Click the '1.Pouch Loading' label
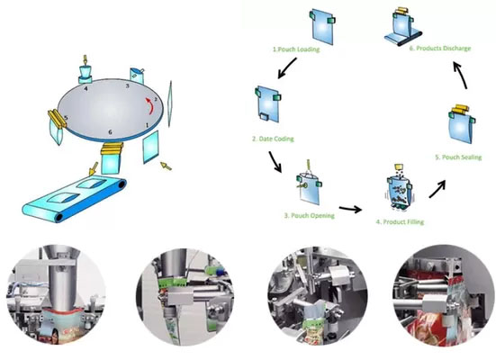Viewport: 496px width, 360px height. tap(296, 49)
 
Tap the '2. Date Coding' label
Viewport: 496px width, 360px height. tap(273, 139)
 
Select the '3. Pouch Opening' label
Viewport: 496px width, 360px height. tap(310, 216)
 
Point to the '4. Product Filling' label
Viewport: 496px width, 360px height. tap(400, 222)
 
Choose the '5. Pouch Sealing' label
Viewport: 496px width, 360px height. tap(458, 157)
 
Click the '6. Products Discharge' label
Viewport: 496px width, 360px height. tap(440, 49)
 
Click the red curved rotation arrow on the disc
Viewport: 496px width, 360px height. tap(149, 105)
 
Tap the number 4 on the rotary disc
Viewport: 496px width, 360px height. tap(86, 88)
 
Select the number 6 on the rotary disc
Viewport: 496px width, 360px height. tap(110, 131)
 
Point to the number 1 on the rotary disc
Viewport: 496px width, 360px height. tap(147, 125)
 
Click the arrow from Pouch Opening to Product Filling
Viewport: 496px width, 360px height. tap(350, 209)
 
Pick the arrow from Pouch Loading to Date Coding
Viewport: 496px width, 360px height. tap(287, 67)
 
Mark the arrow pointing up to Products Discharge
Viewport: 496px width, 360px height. tap(460, 76)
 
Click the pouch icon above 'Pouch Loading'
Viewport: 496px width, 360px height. tap(322, 27)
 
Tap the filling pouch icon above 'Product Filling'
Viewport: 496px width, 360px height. tap(399, 188)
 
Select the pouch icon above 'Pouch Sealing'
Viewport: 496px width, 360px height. tap(462, 123)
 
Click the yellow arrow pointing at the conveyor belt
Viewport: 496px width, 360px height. tap(94, 168)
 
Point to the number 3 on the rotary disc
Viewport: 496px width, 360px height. tap(127, 85)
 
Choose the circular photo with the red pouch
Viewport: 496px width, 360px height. tap(443, 295)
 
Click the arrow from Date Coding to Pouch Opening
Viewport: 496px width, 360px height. tap(275, 162)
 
